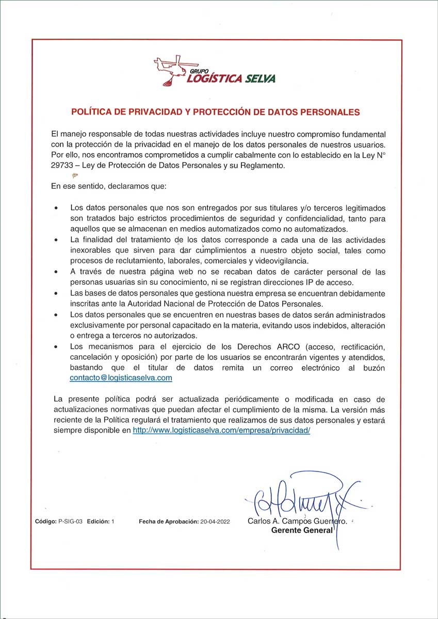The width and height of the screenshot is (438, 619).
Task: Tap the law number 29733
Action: click(x=63, y=166)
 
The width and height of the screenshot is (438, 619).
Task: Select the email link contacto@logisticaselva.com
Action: click(x=121, y=378)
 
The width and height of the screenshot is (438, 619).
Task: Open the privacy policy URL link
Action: click(x=221, y=430)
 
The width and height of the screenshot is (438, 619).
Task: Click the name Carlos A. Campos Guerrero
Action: click(x=297, y=522)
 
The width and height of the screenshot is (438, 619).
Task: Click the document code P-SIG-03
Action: click(x=67, y=522)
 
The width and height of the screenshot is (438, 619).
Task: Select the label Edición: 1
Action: click(x=100, y=522)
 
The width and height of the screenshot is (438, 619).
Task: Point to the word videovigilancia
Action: click(x=281, y=260)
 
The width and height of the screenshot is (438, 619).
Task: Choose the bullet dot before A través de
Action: click(x=56, y=272)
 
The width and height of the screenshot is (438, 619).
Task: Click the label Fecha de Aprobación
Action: click(x=169, y=522)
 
